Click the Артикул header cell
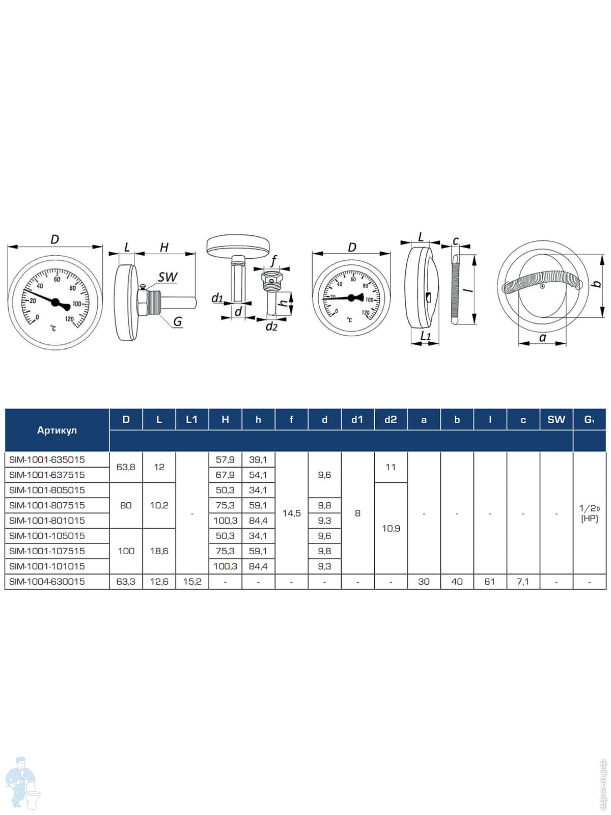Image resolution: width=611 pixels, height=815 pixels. [57, 430]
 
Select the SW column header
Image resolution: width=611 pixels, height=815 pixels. [556, 420]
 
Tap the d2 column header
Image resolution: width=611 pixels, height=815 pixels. [391, 420]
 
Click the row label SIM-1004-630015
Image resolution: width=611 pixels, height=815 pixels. [47, 582]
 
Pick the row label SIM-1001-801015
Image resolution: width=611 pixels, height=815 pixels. [47, 521]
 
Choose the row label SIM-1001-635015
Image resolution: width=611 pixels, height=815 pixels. [47, 459]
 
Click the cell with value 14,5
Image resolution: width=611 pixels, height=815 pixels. [292, 513]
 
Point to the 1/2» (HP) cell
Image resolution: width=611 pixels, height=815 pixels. [590, 513]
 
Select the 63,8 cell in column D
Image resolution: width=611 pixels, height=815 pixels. [126, 467]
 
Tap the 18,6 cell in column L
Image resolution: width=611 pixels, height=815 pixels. [159, 551]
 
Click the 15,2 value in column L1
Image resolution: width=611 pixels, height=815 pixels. [192, 582]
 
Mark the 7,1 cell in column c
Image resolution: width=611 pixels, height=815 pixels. [523, 582]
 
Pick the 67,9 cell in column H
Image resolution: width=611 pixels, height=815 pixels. [225, 475]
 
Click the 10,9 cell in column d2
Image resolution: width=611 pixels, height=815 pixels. [391, 528]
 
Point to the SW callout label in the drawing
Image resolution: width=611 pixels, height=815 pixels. [168, 277]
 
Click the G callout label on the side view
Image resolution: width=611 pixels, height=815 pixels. [178, 321]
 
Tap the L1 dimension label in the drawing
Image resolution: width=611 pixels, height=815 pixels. [426, 336]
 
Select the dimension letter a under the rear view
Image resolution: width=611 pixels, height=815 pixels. [543, 338]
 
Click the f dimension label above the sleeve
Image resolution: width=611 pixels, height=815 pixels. [274, 261]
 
